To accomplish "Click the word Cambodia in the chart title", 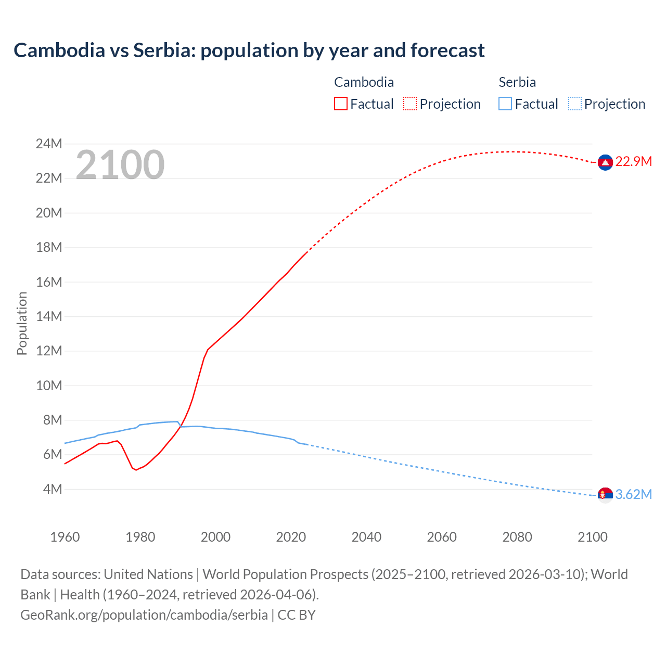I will pyautogui.click(x=59, y=50).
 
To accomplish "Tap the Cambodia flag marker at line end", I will pyautogui.click(x=605, y=162).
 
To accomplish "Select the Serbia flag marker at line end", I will pyautogui.click(x=605, y=495).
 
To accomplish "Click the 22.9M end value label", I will pyautogui.click(x=633, y=162).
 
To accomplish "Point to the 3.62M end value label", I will pyautogui.click(x=633, y=495).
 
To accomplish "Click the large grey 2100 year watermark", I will pyautogui.click(x=120, y=165).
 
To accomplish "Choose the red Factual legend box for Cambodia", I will pyautogui.click(x=341, y=104).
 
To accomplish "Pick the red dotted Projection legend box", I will pyautogui.click(x=410, y=104).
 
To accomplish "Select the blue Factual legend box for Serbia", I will pyautogui.click(x=505, y=104).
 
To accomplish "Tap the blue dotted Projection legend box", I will pyautogui.click(x=574, y=104).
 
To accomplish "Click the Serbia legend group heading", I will pyautogui.click(x=517, y=82).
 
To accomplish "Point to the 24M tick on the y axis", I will pyautogui.click(x=49, y=144).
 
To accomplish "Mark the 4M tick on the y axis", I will pyautogui.click(x=52, y=489).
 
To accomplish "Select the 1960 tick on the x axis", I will pyautogui.click(x=65, y=537).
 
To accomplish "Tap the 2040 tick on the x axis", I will pyautogui.click(x=366, y=537).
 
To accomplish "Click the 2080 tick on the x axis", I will pyautogui.click(x=517, y=537).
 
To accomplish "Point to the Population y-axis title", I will pyautogui.click(x=22, y=323).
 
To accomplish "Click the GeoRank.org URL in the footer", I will pyautogui.click(x=144, y=615).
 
